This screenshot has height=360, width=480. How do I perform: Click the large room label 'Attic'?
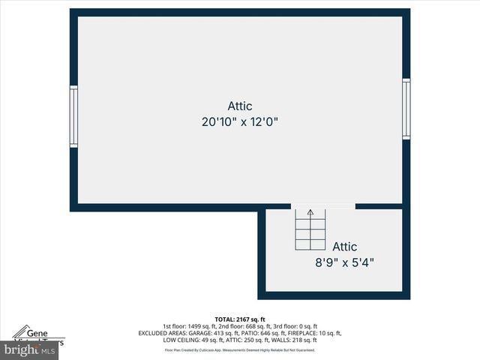tap(240, 106)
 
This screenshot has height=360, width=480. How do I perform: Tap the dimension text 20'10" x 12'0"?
tap(240, 121)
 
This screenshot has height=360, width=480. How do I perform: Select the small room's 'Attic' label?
tap(345, 246)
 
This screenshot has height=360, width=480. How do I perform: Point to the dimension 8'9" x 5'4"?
tap(344, 262)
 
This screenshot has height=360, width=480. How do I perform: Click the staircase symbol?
tap(310, 230)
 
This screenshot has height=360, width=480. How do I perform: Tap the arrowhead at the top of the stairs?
tap(310, 213)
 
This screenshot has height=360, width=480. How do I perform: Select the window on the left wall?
tap(73, 115)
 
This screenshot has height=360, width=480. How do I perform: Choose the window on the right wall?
tap(406, 109)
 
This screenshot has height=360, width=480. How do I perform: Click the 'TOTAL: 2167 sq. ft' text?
tap(240, 319)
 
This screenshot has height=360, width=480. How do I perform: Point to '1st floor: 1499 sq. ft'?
tap(190, 326)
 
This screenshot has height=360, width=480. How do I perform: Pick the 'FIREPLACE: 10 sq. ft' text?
tap(310, 333)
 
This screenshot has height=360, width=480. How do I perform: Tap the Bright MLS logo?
tap(30, 349)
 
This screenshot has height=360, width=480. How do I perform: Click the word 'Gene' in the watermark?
tap(38, 331)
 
